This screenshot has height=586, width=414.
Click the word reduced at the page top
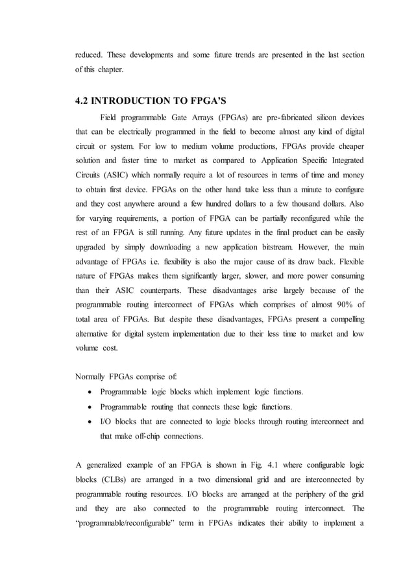[90, 55]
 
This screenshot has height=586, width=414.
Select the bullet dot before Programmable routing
[88, 407]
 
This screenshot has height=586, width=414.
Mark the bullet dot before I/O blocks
[88, 421]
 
